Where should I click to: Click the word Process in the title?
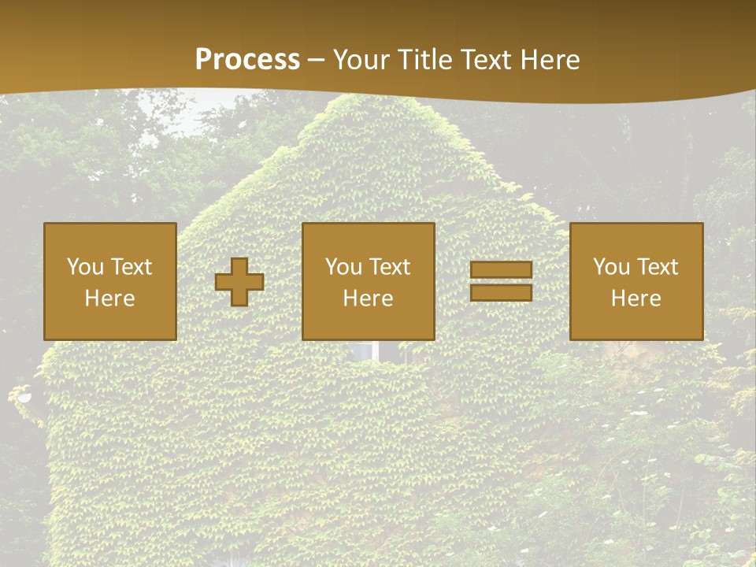click(247, 59)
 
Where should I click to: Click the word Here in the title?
click(549, 59)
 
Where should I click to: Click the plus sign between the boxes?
click(239, 282)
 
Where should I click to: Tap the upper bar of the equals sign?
click(501, 269)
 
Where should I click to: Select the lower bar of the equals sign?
click(501, 292)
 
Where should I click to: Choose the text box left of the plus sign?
click(110, 281)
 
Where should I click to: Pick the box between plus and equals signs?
click(369, 281)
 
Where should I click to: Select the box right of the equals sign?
click(636, 281)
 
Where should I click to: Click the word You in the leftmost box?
click(85, 267)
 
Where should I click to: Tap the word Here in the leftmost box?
click(110, 298)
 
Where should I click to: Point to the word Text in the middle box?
click(390, 267)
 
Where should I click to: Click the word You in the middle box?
click(343, 267)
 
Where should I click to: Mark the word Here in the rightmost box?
click(636, 298)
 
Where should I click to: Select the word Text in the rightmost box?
click(658, 267)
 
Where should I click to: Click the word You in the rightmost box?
click(611, 267)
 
